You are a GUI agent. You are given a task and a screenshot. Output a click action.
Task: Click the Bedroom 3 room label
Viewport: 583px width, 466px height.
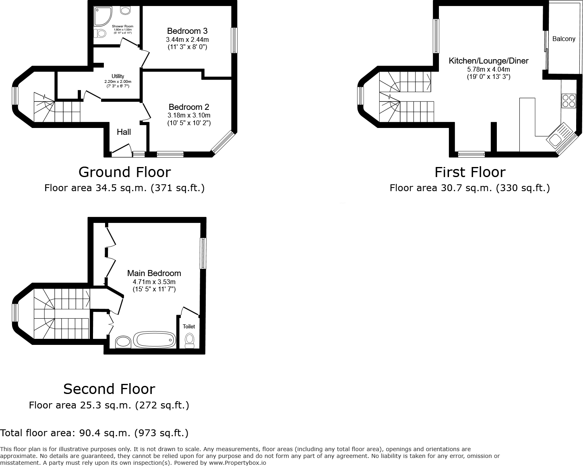[187, 31]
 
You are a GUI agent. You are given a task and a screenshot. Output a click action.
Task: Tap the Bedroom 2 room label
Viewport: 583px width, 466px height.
[189, 107]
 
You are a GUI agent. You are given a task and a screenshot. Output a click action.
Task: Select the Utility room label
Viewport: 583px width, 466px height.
[118, 76]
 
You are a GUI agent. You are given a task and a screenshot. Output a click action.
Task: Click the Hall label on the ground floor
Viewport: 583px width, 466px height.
[124, 132]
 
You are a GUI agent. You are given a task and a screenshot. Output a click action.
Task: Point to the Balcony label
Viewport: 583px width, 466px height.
[564, 39]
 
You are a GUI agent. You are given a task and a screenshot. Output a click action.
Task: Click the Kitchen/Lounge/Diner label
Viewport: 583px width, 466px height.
[488, 61]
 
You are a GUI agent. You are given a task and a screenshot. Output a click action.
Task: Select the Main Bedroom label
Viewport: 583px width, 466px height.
[154, 273]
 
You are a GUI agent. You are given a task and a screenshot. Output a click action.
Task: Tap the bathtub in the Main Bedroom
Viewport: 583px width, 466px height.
[155, 340]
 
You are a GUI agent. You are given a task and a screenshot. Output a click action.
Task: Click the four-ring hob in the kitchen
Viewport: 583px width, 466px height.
[569, 101]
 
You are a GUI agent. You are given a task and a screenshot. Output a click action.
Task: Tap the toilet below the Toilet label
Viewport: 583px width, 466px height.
[189, 340]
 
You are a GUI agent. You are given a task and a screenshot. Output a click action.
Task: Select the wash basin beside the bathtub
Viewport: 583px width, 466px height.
[123, 342]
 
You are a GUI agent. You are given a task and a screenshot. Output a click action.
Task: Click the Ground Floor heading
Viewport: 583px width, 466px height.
[124, 172]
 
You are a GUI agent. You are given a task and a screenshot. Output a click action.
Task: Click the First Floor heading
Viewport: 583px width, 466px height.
[470, 172]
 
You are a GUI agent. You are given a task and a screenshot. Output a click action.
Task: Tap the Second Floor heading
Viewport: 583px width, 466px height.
[109, 389]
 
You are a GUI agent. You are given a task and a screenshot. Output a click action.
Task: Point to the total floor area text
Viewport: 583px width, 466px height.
[94, 433]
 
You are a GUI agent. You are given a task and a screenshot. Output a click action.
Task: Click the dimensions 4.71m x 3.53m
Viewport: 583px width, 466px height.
[154, 282]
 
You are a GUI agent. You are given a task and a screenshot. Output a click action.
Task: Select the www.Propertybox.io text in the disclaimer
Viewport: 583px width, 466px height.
[237, 463]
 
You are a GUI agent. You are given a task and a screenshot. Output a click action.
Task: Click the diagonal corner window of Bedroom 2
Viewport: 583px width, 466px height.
[222, 142]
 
